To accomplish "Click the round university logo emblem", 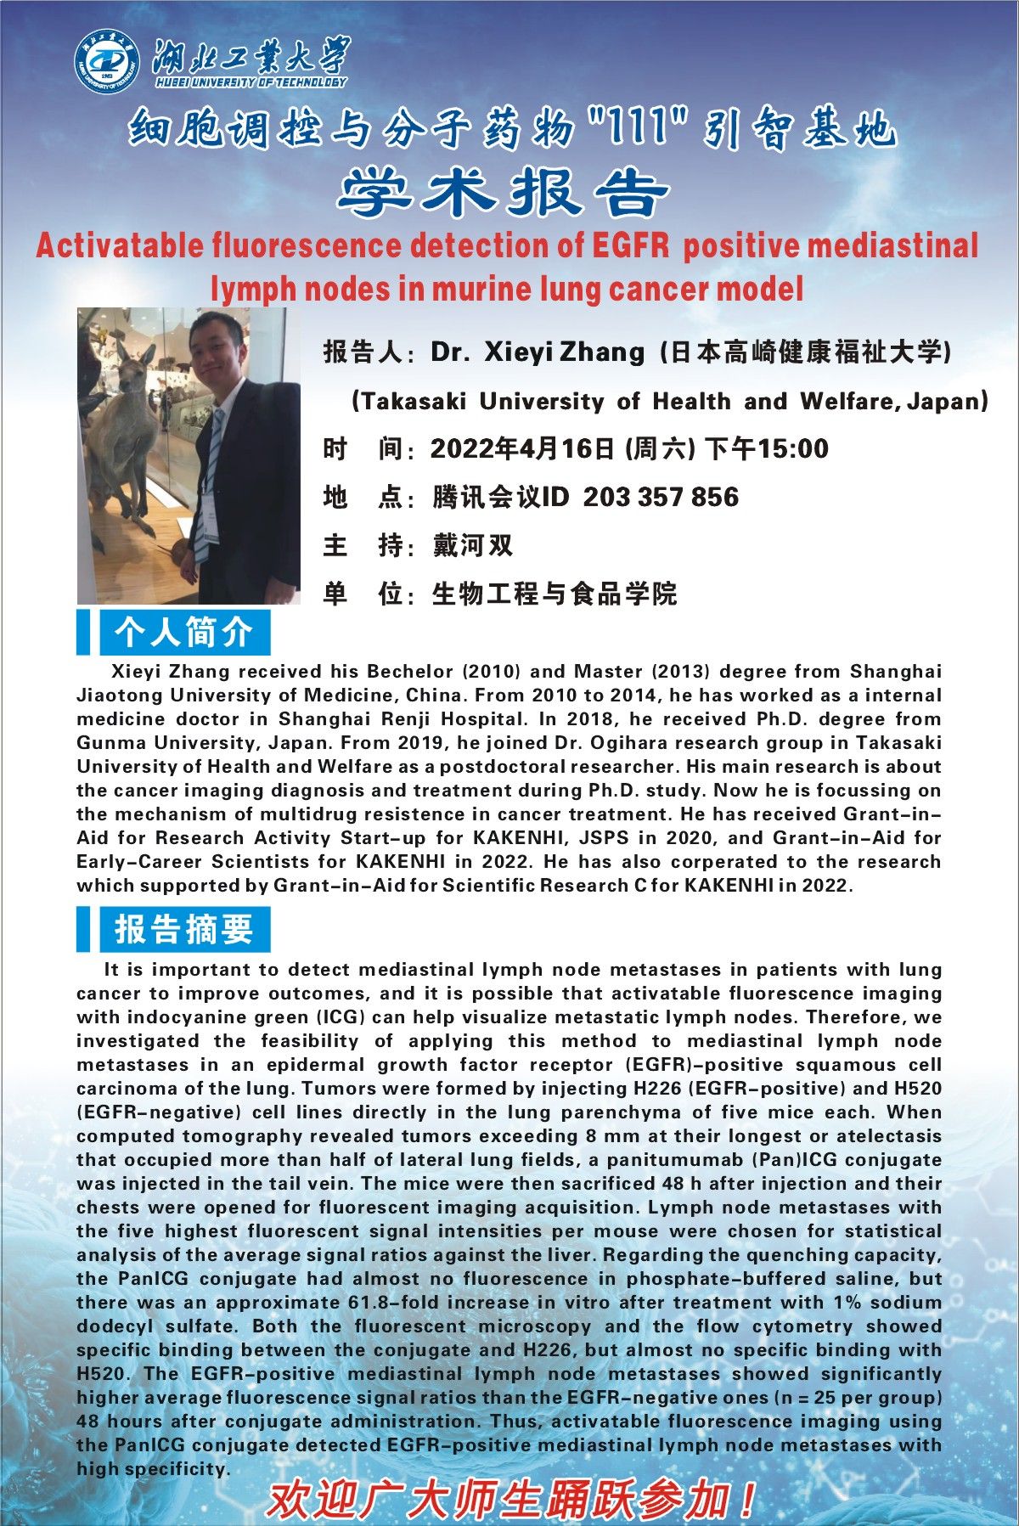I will [x=106, y=62].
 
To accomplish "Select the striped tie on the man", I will [x=210, y=476].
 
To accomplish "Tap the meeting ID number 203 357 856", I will [x=661, y=497].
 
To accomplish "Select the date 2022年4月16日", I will [x=522, y=448].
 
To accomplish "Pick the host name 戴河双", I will [x=473, y=545].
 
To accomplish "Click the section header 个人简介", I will [x=183, y=633].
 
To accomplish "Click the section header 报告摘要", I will [x=183, y=929].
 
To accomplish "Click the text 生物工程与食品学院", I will [x=554, y=594].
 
